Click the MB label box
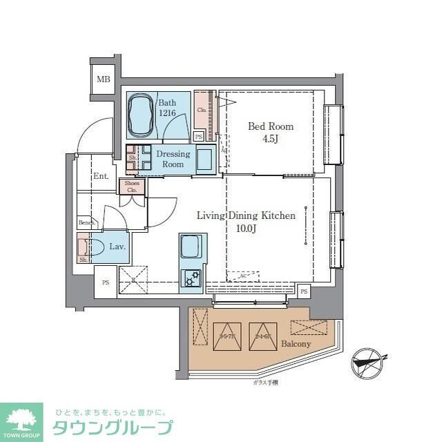(x=103, y=79)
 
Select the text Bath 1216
(x=168, y=108)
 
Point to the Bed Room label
(x=271, y=126)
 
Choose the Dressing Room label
(x=173, y=159)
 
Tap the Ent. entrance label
(x=101, y=176)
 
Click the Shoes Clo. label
(x=133, y=186)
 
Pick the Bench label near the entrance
(x=86, y=222)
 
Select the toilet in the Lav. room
(x=95, y=247)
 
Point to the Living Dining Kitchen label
(x=246, y=216)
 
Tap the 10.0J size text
(x=246, y=228)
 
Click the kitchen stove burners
(x=191, y=278)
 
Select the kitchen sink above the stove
(x=191, y=246)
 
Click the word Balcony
(x=296, y=344)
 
